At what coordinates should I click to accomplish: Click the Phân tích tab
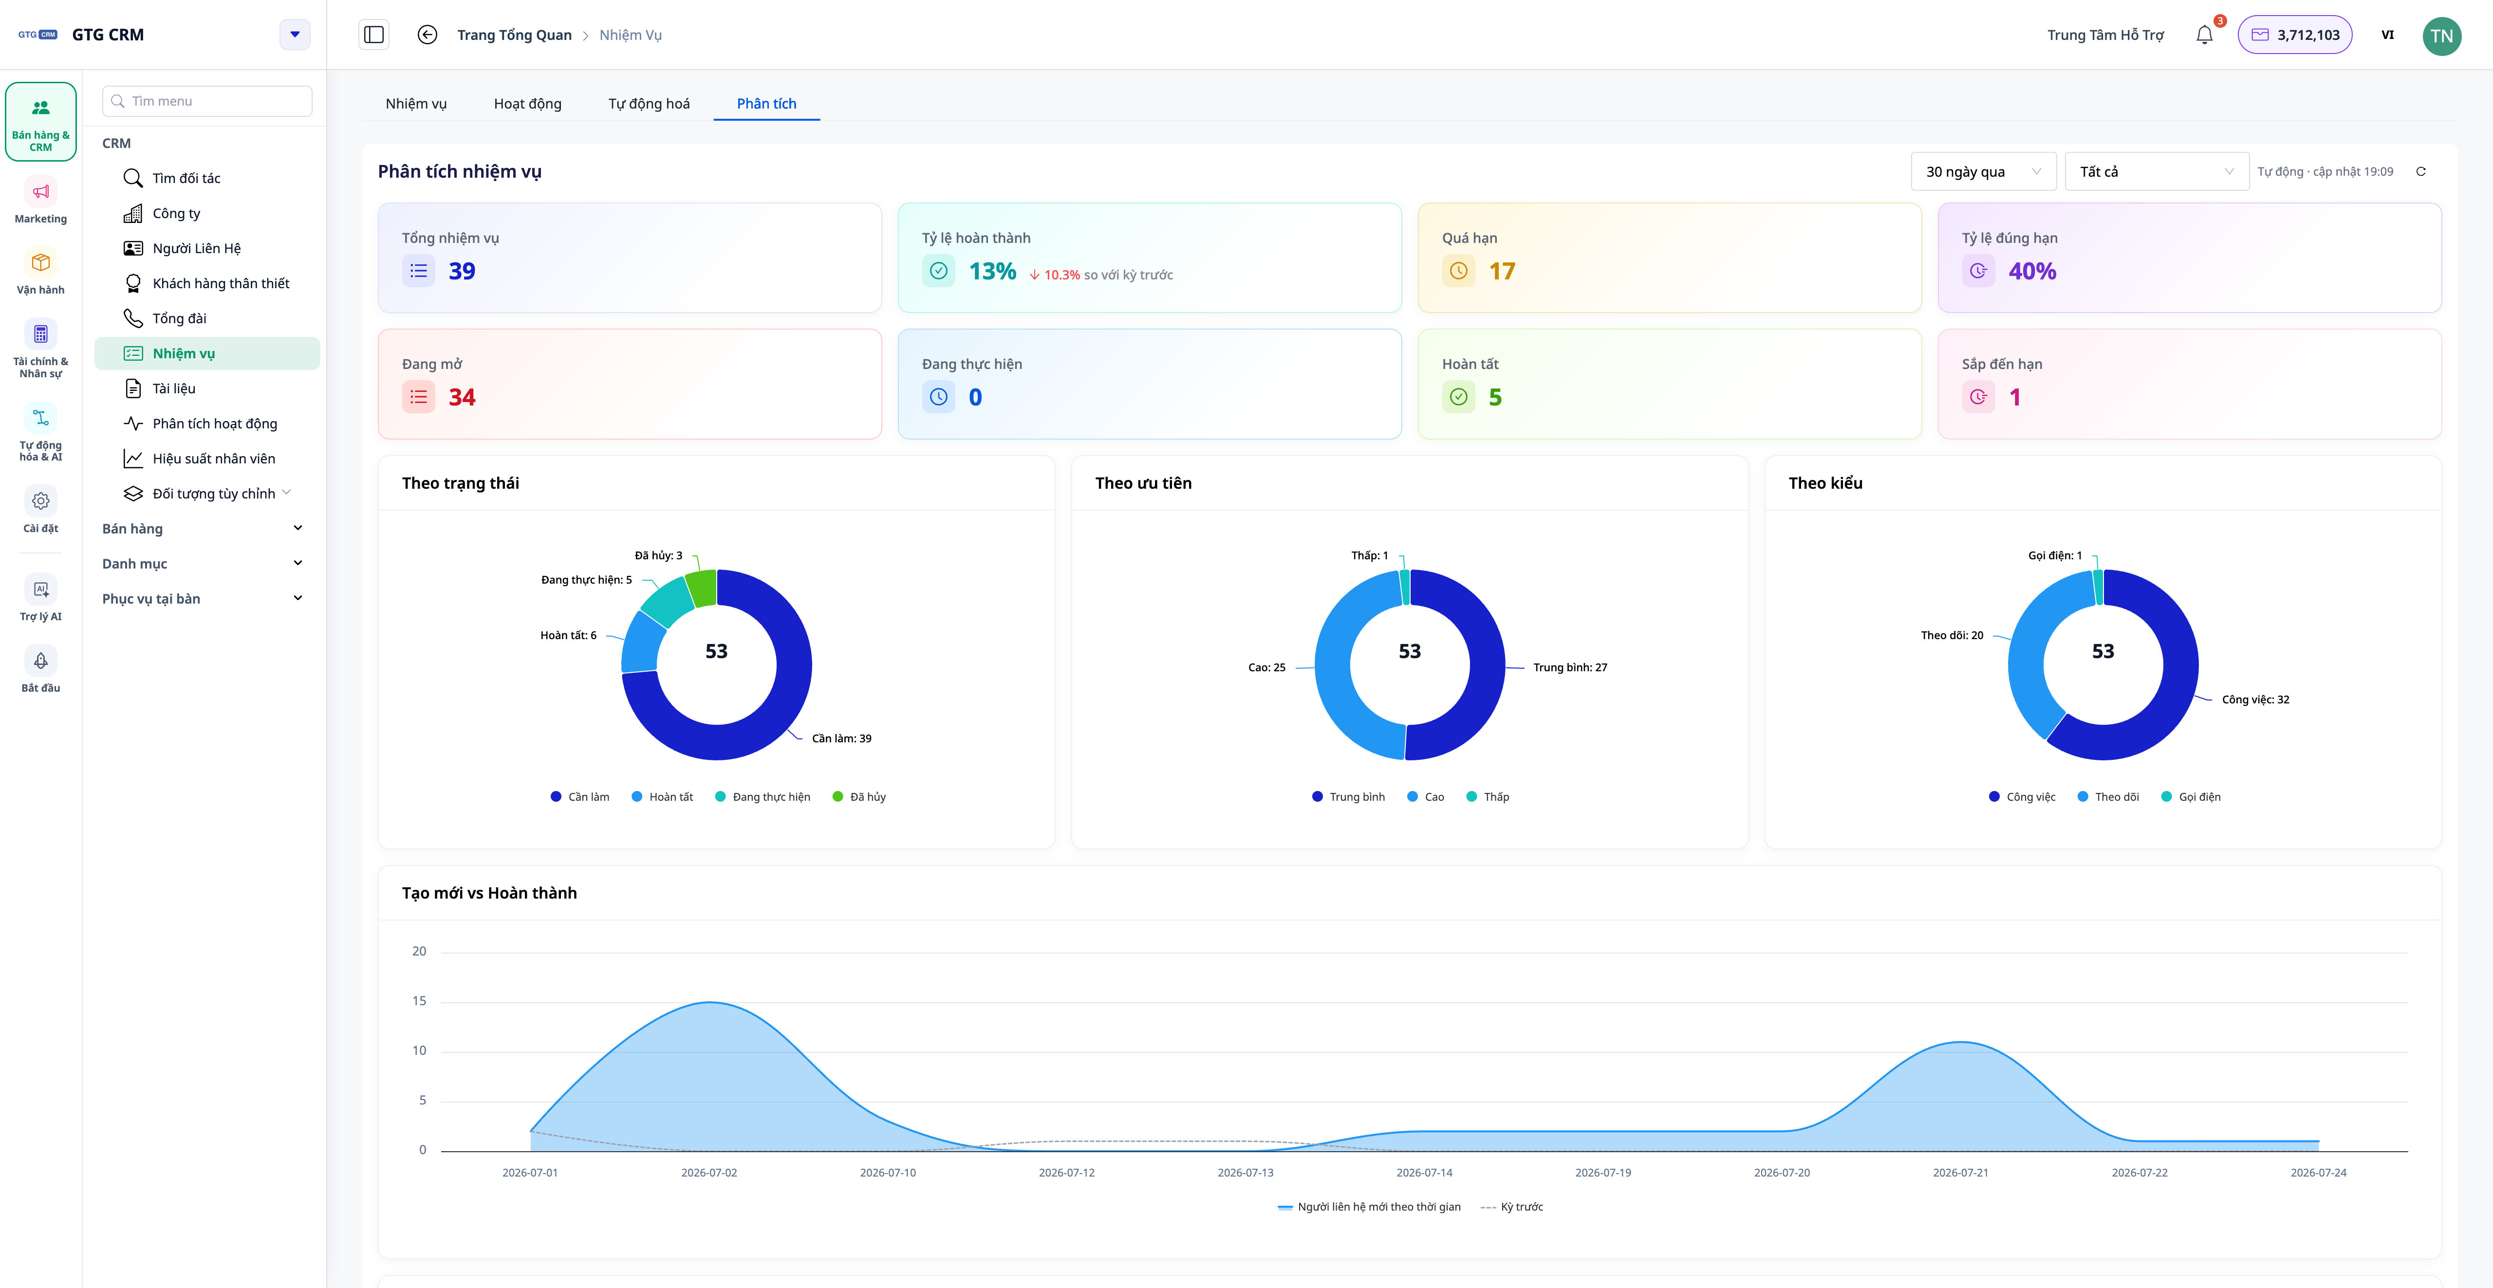[766, 104]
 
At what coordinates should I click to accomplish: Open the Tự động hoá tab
[649, 104]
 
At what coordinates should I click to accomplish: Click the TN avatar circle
[2442, 36]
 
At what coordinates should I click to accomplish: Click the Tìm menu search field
[207, 101]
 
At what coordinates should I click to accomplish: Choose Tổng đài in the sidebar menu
[179, 318]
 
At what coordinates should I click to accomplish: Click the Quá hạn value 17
[1502, 271]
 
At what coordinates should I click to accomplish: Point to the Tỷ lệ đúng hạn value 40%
[2032, 271]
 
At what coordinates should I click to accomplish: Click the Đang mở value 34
[462, 397]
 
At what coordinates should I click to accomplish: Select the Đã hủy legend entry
[859, 796]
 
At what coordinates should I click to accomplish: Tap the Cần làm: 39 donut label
[841, 738]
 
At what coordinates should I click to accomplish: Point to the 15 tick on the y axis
[419, 1001]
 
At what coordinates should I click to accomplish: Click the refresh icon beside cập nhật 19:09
[2420, 171]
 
